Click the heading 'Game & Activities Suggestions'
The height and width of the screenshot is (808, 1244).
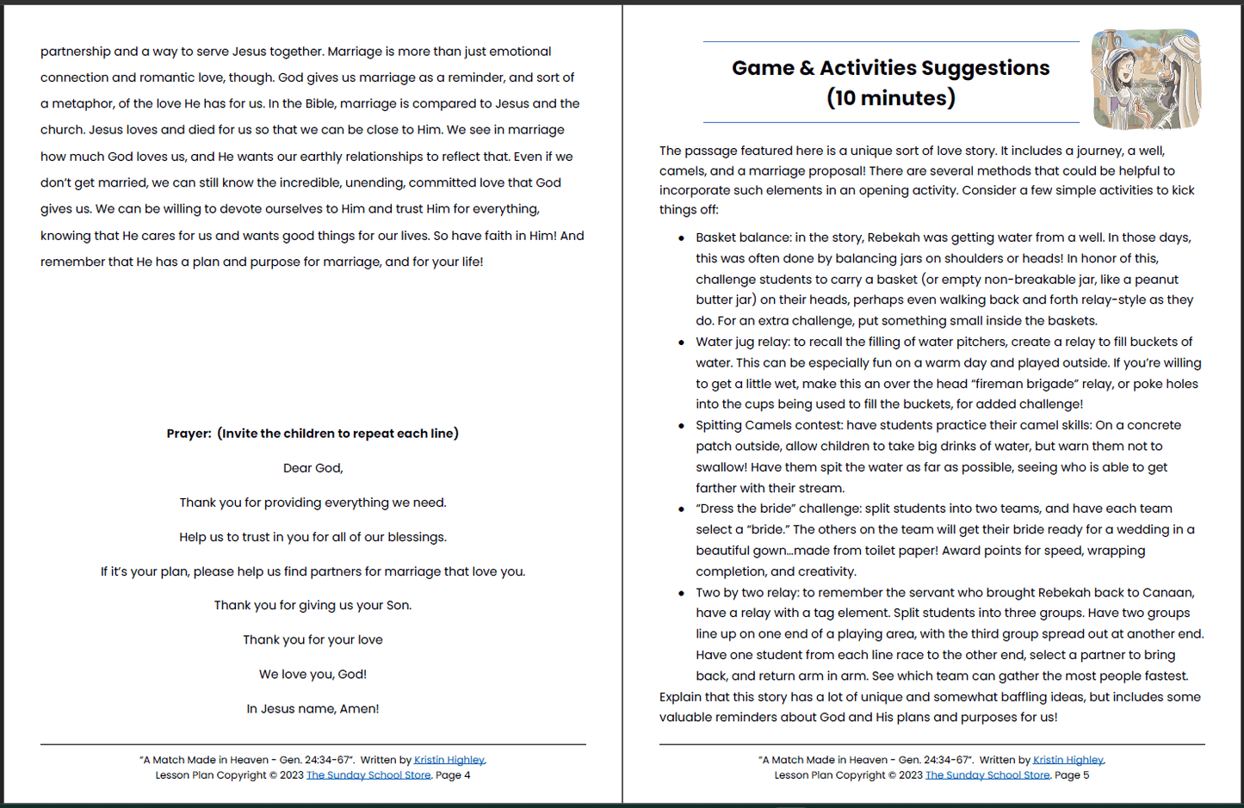click(890, 68)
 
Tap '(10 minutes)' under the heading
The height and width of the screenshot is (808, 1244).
click(890, 98)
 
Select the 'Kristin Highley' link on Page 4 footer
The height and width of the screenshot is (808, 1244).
click(449, 760)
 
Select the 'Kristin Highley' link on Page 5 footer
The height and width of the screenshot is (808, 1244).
click(1068, 760)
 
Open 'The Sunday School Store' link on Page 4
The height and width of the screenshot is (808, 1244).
click(368, 775)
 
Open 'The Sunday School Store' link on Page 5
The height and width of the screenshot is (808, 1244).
click(987, 775)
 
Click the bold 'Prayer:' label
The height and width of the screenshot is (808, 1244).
click(189, 434)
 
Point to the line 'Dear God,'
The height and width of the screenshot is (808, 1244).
click(313, 468)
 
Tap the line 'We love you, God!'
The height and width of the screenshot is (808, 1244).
click(313, 675)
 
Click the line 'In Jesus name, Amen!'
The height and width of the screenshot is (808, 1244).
click(313, 709)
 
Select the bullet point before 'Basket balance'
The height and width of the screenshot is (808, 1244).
click(682, 238)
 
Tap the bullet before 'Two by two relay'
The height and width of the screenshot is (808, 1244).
click(682, 594)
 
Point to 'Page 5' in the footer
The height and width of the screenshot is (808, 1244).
click(1072, 775)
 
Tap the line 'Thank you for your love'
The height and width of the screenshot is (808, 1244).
click(313, 640)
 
